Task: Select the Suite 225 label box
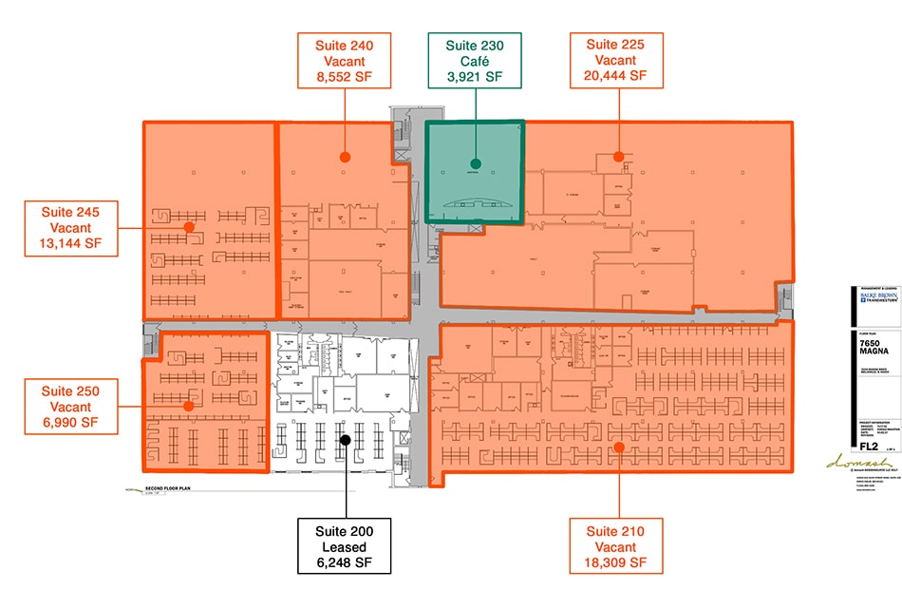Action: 616,60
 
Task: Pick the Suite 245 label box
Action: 72,227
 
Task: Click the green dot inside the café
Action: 476,163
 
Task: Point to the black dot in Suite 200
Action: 346,440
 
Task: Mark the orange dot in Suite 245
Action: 189,227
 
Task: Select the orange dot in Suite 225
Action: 617,156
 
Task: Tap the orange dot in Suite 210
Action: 617,447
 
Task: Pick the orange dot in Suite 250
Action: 189,406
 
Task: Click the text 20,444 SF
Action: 616,75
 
